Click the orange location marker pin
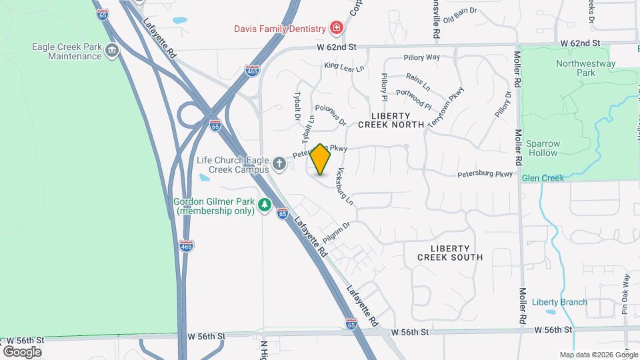[x=321, y=159]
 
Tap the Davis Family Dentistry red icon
[x=337, y=28]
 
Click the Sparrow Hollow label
[x=543, y=148]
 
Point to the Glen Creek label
[x=543, y=178]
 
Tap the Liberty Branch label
[x=559, y=302]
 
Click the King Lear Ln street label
[x=344, y=67]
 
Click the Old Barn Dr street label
[x=461, y=11]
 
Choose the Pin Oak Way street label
[x=625, y=293]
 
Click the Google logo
[x=22, y=351]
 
